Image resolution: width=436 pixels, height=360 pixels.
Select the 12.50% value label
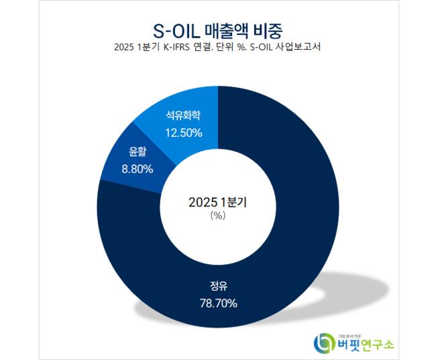pyautogui.click(x=182, y=133)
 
